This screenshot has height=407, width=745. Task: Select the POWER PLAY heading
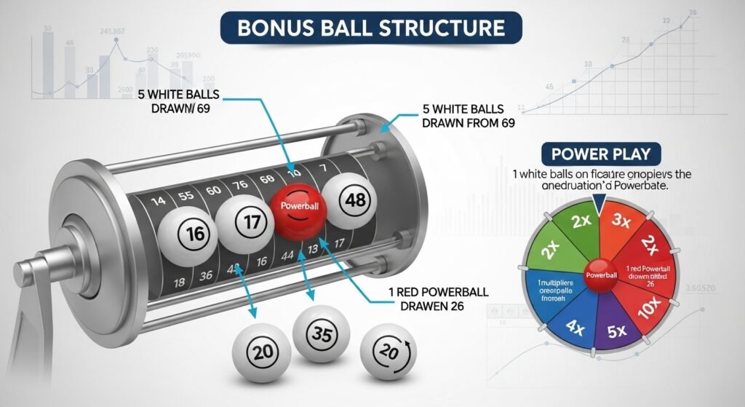coord(600,154)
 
